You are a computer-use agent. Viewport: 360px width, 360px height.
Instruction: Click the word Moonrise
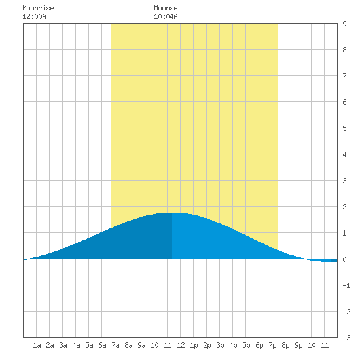pyautogui.click(x=38, y=8)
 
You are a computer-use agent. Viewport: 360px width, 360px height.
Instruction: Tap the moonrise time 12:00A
pyautogui.click(x=34, y=16)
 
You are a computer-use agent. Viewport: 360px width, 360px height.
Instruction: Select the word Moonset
pyautogui.click(x=168, y=8)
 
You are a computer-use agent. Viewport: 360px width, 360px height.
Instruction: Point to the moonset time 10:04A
pyautogui.click(x=166, y=16)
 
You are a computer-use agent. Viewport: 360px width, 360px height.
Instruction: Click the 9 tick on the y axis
pyautogui.click(x=344, y=24)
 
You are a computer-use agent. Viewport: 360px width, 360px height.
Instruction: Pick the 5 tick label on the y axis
pyautogui.click(x=344, y=128)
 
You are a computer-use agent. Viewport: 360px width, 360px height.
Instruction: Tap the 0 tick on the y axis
pyautogui.click(x=344, y=259)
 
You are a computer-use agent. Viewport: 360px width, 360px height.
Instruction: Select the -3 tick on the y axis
pyautogui.click(x=346, y=338)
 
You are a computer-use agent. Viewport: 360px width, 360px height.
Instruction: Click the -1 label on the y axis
pyautogui.click(x=346, y=285)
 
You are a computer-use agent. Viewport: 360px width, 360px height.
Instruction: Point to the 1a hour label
pyautogui.click(x=37, y=345)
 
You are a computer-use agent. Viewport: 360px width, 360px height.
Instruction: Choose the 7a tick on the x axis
pyautogui.click(x=115, y=345)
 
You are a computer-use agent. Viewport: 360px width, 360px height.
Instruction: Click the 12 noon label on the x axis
pyautogui.click(x=181, y=345)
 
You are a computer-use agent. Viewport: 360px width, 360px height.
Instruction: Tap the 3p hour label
pyautogui.click(x=220, y=345)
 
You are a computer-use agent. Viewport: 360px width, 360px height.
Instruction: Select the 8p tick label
pyautogui.click(x=285, y=345)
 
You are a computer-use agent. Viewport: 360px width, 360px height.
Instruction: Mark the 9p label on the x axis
pyautogui.click(x=298, y=345)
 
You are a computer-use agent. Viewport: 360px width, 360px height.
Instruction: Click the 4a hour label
pyautogui.click(x=76, y=345)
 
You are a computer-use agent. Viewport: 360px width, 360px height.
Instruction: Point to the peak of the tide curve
pyautogui.click(x=172, y=213)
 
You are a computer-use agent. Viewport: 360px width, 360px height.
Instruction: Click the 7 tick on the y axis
pyautogui.click(x=344, y=76)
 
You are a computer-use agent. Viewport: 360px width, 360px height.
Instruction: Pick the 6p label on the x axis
pyautogui.click(x=259, y=345)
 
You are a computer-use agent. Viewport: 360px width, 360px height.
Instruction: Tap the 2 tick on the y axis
pyautogui.click(x=344, y=207)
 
